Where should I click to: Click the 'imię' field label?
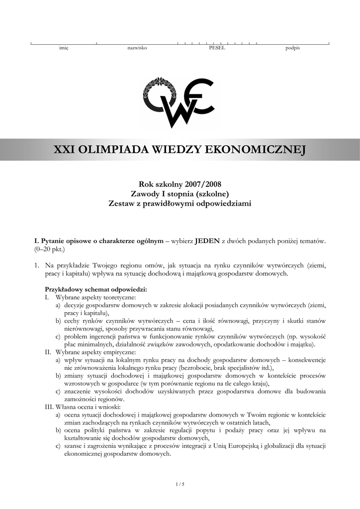pos(64,48)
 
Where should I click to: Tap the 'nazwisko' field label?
pos(137,48)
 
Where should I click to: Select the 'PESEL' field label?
pos(217,48)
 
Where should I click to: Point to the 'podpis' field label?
pos(292,48)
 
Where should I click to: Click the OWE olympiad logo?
pos(179,102)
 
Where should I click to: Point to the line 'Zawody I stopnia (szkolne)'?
pos(180,194)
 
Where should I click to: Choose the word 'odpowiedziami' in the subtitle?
pos(224,203)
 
